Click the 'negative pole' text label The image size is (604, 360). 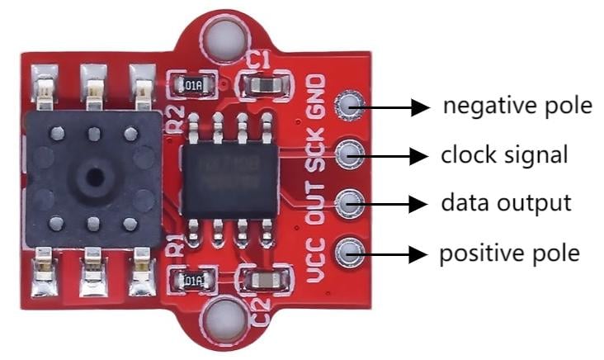pos(517,107)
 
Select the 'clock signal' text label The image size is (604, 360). pos(503,154)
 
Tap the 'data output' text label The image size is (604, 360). pos(504,202)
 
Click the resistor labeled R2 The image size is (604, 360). pos(191,84)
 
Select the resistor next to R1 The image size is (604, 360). pos(192,281)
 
